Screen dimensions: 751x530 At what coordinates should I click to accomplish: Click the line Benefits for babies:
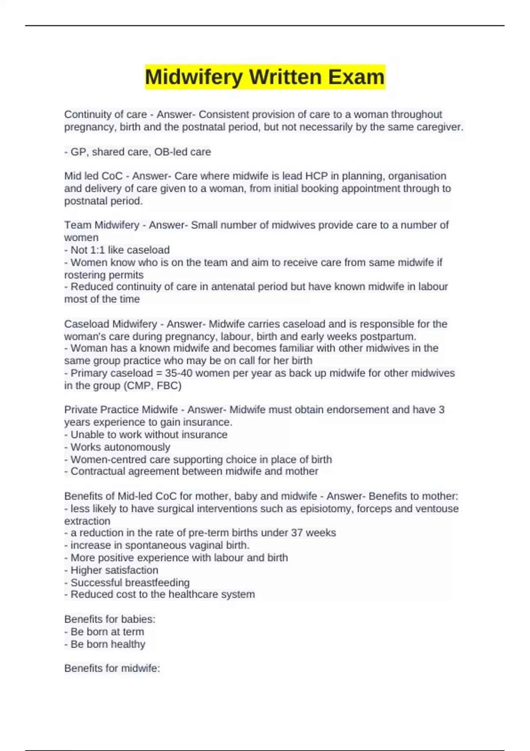(110, 619)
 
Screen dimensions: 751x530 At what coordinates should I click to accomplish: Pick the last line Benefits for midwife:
(112, 668)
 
